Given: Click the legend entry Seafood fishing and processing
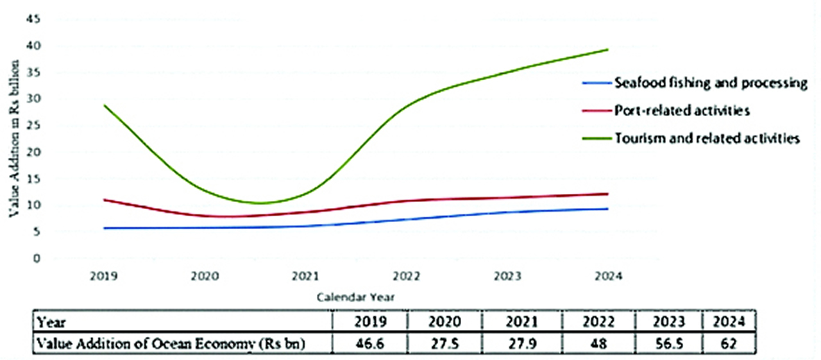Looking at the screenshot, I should click(x=710, y=83).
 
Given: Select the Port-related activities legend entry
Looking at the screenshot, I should click(x=682, y=111).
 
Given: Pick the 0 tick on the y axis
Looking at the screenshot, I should click(x=37, y=259).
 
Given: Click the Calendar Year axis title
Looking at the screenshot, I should click(x=355, y=297).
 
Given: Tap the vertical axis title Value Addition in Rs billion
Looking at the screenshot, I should click(x=13, y=139).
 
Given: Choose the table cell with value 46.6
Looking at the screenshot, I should click(x=371, y=343).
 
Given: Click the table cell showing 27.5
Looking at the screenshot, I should click(x=446, y=343).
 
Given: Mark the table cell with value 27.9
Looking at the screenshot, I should click(x=522, y=343).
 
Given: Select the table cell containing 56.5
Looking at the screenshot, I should click(x=668, y=343).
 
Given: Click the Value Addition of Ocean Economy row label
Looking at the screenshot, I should click(x=170, y=343).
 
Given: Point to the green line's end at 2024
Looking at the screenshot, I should click(x=607, y=49).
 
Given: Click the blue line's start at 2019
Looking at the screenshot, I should click(x=105, y=228).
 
